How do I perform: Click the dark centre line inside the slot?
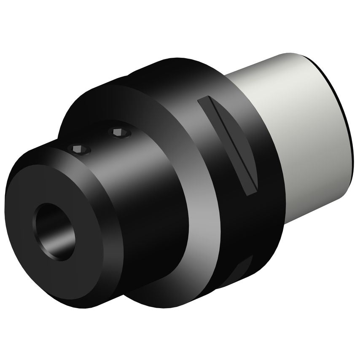point(228,143)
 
